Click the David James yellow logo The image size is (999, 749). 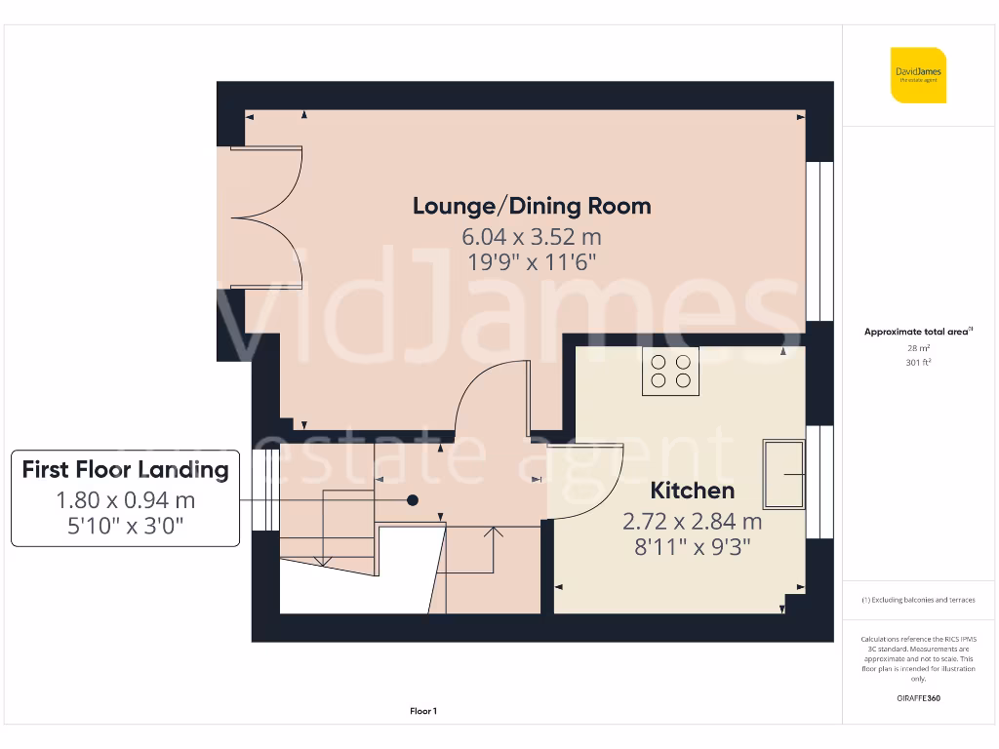tap(918, 75)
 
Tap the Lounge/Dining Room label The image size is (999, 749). tap(532, 206)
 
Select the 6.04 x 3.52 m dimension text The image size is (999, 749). tap(532, 236)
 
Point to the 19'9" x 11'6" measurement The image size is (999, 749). tap(532, 261)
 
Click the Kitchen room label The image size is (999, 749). tap(692, 490)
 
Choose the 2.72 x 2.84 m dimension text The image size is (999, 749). tap(692, 521)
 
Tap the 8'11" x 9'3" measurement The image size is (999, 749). tap(692, 547)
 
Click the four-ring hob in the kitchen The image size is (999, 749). tap(670, 372)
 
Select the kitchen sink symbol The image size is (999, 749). tap(784, 474)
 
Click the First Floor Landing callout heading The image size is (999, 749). tap(125, 469)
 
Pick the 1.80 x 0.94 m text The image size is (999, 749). tap(125, 500)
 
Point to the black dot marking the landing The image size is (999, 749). tap(413, 499)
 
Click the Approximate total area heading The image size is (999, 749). tap(918, 332)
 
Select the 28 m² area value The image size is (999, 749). tap(918, 347)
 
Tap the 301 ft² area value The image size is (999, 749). tap(918, 362)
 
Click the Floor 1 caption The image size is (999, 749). tap(423, 712)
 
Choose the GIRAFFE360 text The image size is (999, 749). tap(918, 698)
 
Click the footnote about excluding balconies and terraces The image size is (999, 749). tap(918, 600)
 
